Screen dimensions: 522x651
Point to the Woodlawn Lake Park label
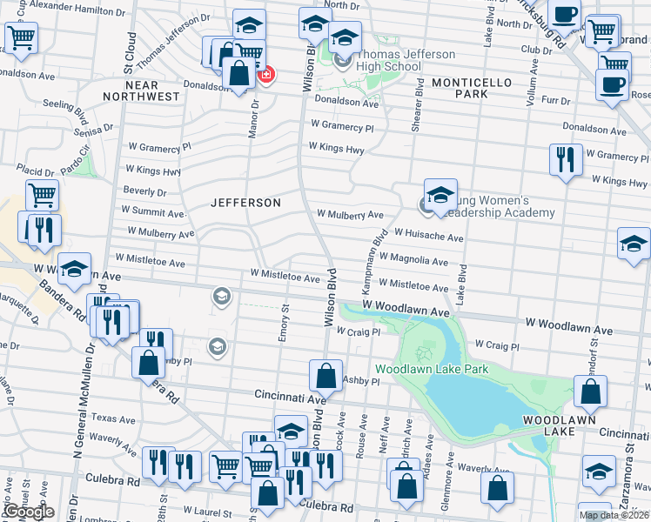432,369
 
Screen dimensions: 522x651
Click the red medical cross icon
266,75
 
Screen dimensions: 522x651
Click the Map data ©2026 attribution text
614,515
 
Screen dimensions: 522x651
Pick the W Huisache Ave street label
428,236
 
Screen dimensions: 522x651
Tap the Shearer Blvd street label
418,104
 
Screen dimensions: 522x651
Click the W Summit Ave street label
153,211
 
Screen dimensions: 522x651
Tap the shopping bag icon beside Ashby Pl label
325,377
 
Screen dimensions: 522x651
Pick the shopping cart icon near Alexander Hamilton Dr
21,37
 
